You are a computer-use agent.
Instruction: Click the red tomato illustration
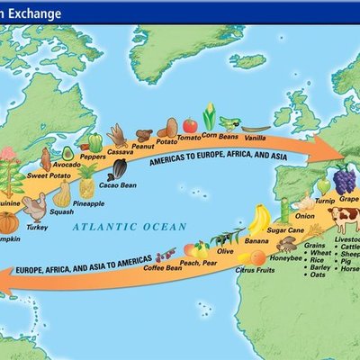click(x=190, y=125)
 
